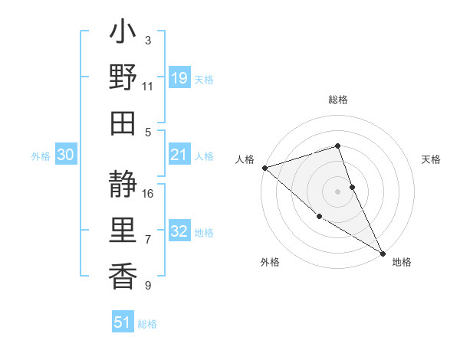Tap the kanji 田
[x=123, y=123]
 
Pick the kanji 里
[x=123, y=231]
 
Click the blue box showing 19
[x=179, y=77]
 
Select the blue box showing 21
[x=179, y=155]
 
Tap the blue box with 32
[x=179, y=232]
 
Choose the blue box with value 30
[x=65, y=155]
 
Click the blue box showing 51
[x=123, y=322]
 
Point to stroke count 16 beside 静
[x=149, y=194]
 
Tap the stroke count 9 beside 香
[x=147, y=286]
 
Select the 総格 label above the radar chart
[x=338, y=100]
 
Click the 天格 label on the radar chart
[x=432, y=159]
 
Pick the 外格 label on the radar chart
[x=270, y=262]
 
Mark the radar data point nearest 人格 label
[x=264, y=167]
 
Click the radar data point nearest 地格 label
[x=383, y=252]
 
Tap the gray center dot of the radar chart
[x=337, y=191]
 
